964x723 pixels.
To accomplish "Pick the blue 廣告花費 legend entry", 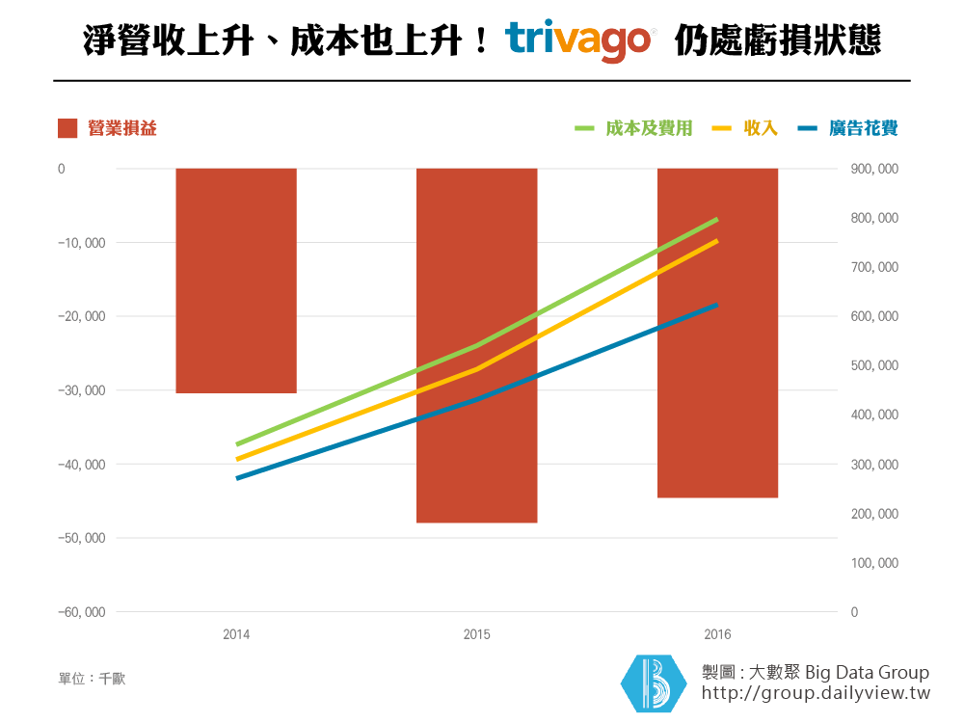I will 849,128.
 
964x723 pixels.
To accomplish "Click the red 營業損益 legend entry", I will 107,128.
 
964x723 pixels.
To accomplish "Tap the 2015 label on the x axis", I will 476,635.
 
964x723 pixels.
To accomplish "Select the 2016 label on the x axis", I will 717,635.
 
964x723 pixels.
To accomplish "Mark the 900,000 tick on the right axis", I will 875,169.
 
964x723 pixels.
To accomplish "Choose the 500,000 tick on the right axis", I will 875,366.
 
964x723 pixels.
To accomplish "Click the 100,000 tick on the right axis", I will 875,563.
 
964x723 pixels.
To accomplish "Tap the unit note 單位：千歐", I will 92,679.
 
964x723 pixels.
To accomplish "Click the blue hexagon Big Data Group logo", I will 653,683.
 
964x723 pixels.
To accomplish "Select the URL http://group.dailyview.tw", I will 816,693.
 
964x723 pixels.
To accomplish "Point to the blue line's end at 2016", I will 717,305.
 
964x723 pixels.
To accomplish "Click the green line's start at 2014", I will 237,444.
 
